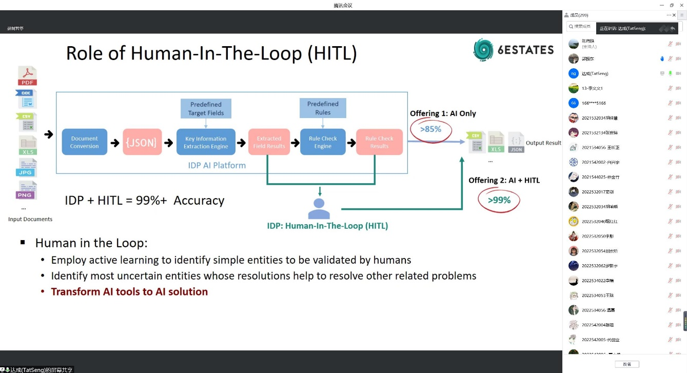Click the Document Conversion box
(85, 142)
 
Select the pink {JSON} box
(141, 142)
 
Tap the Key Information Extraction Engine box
(206, 142)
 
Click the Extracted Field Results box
(269, 142)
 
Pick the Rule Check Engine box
(323, 142)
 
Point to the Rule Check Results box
(379, 142)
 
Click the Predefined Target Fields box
(206, 109)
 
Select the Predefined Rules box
(323, 108)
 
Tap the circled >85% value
(431, 129)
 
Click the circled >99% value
(499, 200)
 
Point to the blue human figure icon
(319, 208)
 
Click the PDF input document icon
(28, 76)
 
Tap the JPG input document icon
(27, 168)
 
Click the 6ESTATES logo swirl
(483, 50)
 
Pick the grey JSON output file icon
(516, 142)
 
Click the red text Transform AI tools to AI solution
(129, 292)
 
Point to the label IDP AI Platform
(217, 165)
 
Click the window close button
(682, 5)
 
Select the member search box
(580, 27)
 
